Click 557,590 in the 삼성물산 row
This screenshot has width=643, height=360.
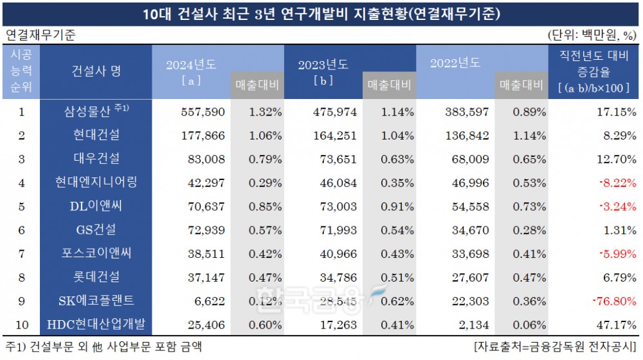point(200,112)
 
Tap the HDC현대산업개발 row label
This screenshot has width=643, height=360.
point(103,325)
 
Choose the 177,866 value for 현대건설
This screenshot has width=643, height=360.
point(200,136)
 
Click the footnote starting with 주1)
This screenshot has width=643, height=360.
point(103,348)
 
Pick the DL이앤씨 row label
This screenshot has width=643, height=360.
point(103,207)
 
